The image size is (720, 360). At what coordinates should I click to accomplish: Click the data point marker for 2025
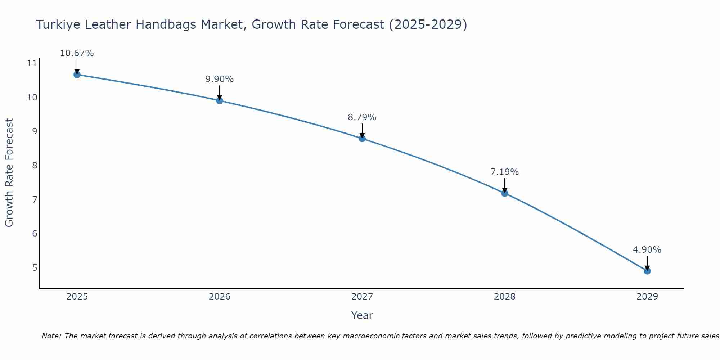pos(77,75)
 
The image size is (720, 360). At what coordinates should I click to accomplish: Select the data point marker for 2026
pos(220,100)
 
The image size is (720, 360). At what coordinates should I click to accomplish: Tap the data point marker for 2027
pos(362,139)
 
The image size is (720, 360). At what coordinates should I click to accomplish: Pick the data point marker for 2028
pos(505,193)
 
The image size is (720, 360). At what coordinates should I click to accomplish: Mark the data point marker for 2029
pos(647,271)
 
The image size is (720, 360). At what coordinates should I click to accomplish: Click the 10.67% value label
pos(77,53)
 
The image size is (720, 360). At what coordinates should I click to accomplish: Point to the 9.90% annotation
pos(220,79)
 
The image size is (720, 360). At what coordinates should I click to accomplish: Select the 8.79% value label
pos(362,117)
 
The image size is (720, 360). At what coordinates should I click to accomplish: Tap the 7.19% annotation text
pos(505,172)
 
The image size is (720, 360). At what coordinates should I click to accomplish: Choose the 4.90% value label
pos(647,250)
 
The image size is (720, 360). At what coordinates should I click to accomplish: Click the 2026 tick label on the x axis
pos(220,297)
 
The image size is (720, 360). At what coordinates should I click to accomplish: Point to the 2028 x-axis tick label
pos(505,297)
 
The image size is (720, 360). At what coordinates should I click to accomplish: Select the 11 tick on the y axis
pos(32,64)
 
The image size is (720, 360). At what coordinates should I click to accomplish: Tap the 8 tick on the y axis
pos(35,166)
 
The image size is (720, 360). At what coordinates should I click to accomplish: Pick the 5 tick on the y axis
pos(35,267)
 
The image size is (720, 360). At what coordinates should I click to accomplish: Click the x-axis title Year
pos(362,315)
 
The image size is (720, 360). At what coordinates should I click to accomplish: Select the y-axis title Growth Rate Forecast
pos(9,173)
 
